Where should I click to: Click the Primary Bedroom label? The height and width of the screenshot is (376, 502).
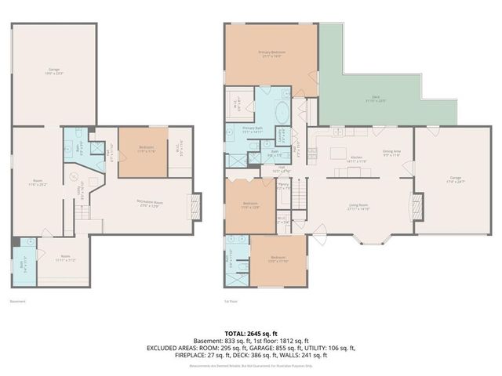click(x=271, y=54)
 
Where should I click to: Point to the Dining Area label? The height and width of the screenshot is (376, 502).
click(x=392, y=154)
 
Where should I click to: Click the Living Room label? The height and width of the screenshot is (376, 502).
click(x=359, y=207)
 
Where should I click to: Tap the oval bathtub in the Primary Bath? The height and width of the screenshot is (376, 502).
click(x=280, y=110)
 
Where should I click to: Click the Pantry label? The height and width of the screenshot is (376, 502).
click(x=285, y=188)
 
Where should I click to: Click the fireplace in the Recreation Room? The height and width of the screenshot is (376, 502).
click(x=196, y=207)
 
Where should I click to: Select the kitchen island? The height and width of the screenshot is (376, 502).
click(x=339, y=150)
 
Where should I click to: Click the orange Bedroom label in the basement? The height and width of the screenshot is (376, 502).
click(x=146, y=149)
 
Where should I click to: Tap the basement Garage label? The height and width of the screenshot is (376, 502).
click(x=54, y=72)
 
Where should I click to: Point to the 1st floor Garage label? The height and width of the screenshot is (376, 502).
click(x=445, y=182)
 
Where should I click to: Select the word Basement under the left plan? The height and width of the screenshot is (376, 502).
click(x=18, y=301)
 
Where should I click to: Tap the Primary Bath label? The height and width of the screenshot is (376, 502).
click(x=252, y=128)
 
